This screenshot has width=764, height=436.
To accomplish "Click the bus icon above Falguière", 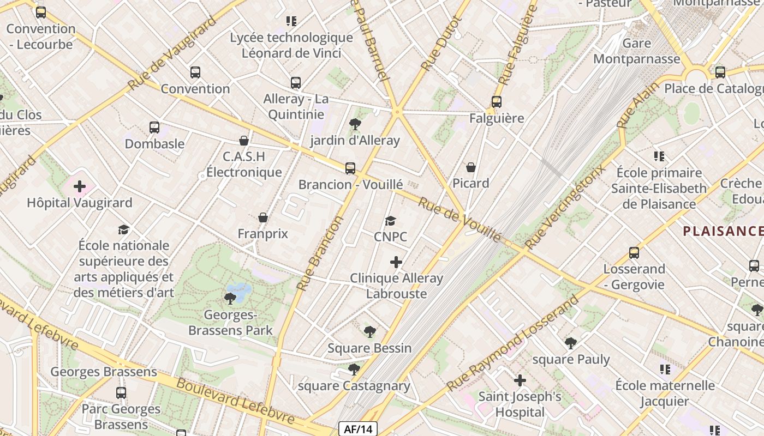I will (x=496, y=101).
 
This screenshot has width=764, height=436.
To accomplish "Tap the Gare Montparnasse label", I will (x=636, y=51).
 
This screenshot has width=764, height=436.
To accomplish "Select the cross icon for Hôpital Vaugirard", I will (x=80, y=186).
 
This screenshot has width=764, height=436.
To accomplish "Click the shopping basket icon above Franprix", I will (x=262, y=217).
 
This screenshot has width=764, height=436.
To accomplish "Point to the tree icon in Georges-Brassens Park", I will (x=230, y=298).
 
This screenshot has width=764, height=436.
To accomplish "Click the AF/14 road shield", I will (x=358, y=429).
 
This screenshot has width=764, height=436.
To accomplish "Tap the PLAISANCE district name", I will (x=723, y=231).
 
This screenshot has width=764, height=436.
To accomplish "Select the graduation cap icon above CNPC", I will (x=390, y=221).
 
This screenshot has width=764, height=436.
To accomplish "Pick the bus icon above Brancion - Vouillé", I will (x=350, y=168).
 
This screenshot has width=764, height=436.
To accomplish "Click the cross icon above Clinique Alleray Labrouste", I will (x=396, y=262).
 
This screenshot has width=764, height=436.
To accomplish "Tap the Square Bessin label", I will (x=369, y=348).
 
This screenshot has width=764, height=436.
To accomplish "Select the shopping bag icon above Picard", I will (x=471, y=167).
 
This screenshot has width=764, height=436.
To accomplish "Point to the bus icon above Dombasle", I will (x=154, y=128).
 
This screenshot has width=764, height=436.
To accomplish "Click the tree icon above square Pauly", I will (x=570, y=343).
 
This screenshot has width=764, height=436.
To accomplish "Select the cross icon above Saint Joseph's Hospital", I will (x=520, y=380).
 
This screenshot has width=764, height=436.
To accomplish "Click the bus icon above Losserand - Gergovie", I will (x=634, y=253).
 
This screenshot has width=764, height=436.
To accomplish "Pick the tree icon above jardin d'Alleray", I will (x=355, y=124).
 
